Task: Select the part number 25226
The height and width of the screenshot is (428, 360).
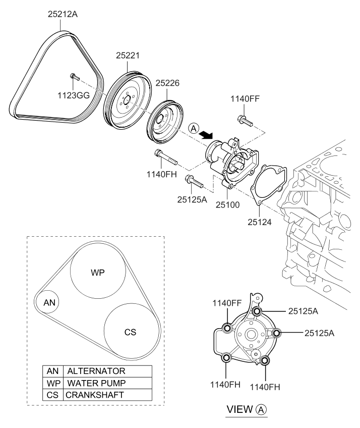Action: [167, 82]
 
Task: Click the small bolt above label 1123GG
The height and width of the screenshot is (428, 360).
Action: [75, 77]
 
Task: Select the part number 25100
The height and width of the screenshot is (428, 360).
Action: [226, 204]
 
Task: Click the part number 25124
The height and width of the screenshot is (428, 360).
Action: [260, 221]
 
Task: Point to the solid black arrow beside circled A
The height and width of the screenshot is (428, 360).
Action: [205, 134]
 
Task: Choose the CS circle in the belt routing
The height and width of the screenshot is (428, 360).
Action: [130, 332]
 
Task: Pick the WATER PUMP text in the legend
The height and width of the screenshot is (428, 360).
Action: [96, 383]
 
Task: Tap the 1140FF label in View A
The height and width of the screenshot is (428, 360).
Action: [226, 304]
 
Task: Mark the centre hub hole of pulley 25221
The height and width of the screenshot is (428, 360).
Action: [125, 98]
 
